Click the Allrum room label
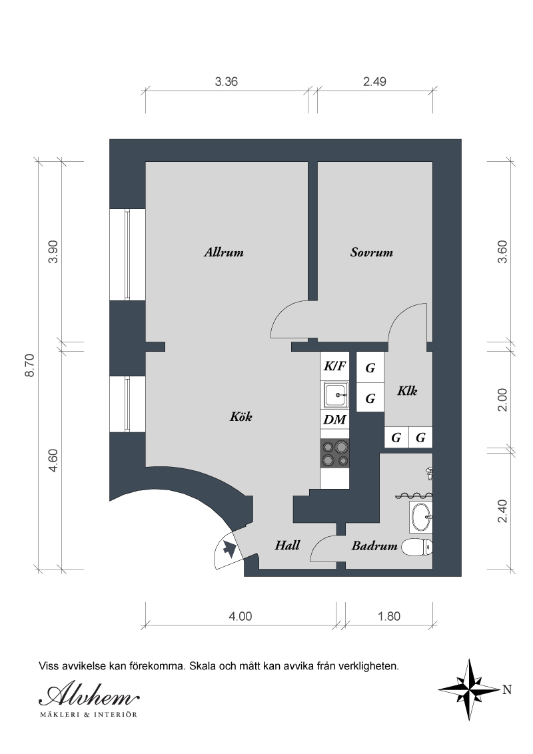(224, 252)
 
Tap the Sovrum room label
(371, 252)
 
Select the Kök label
(241, 416)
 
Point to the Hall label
(287, 546)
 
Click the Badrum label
(374, 546)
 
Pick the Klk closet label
(407, 390)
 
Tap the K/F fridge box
(335, 366)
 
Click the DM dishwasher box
(335, 420)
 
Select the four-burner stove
(335, 453)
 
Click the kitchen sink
(335, 395)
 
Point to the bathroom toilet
(417, 548)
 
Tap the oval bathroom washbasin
(421, 517)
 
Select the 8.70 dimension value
(29, 366)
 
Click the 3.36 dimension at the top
(226, 82)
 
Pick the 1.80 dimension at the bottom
(389, 617)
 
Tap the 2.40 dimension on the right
(502, 511)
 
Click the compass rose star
(470, 689)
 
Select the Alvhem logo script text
(89, 695)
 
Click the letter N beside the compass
(507, 689)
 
